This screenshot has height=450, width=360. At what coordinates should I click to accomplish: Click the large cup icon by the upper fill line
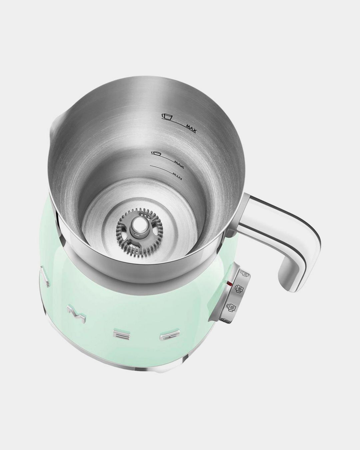coord(166,116)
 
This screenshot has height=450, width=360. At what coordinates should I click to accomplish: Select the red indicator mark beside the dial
coord(229,284)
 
